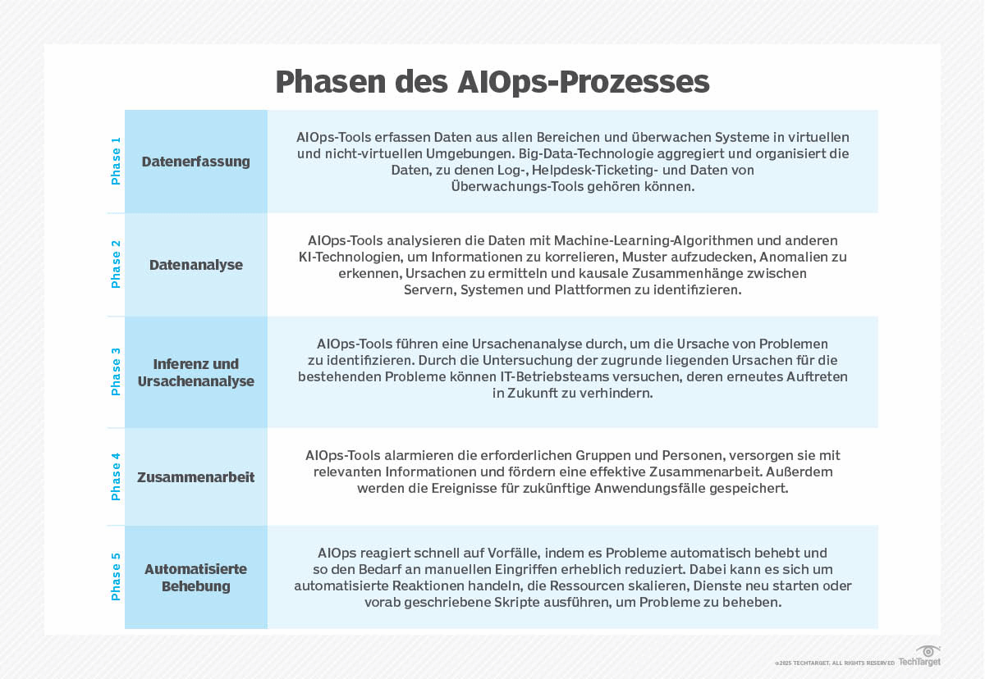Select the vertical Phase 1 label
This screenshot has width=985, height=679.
point(116,161)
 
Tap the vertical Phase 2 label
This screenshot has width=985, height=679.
point(116,264)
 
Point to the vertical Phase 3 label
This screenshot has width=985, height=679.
point(116,371)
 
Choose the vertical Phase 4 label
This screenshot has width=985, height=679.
point(116,476)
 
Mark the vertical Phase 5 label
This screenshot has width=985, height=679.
point(116,576)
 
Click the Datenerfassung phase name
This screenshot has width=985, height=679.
point(196,162)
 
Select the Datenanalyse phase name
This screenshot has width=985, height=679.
point(196,265)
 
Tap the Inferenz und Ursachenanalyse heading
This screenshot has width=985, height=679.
point(196,372)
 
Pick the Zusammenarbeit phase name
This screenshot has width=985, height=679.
point(196,477)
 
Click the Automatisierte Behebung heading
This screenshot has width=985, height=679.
point(196,577)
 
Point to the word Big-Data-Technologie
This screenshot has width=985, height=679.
point(546,153)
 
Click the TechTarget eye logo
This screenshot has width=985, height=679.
point(928,651)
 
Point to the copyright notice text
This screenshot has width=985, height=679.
point(834,663)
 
